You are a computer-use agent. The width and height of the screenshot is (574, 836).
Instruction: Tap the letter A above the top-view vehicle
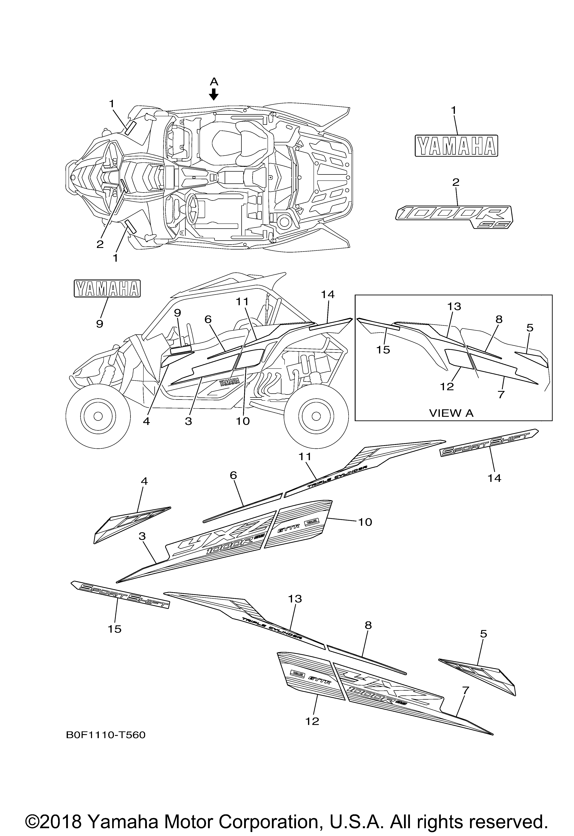point(214,81)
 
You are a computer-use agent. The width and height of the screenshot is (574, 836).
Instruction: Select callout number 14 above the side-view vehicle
point(328,295)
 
